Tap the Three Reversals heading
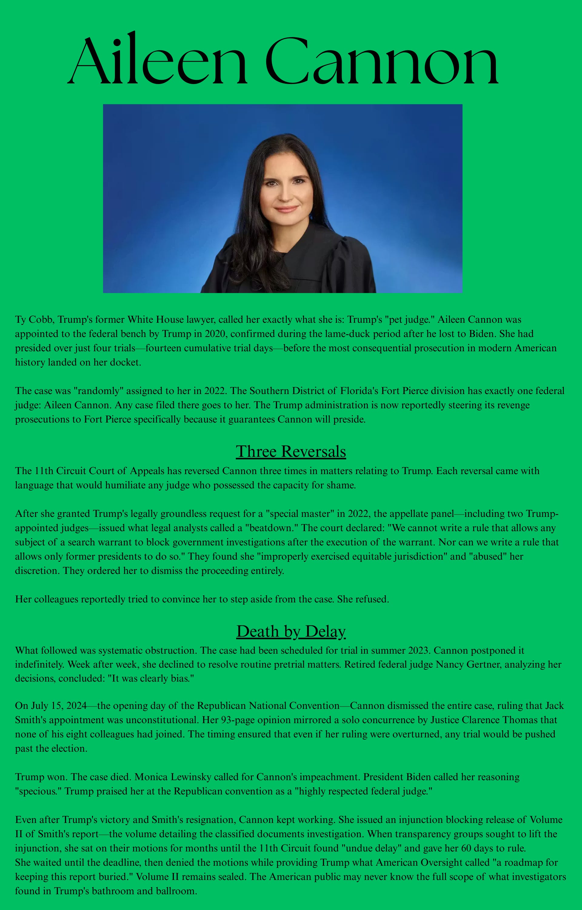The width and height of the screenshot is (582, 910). pos(291,451)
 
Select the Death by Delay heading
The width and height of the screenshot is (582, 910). pos(291,631)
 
